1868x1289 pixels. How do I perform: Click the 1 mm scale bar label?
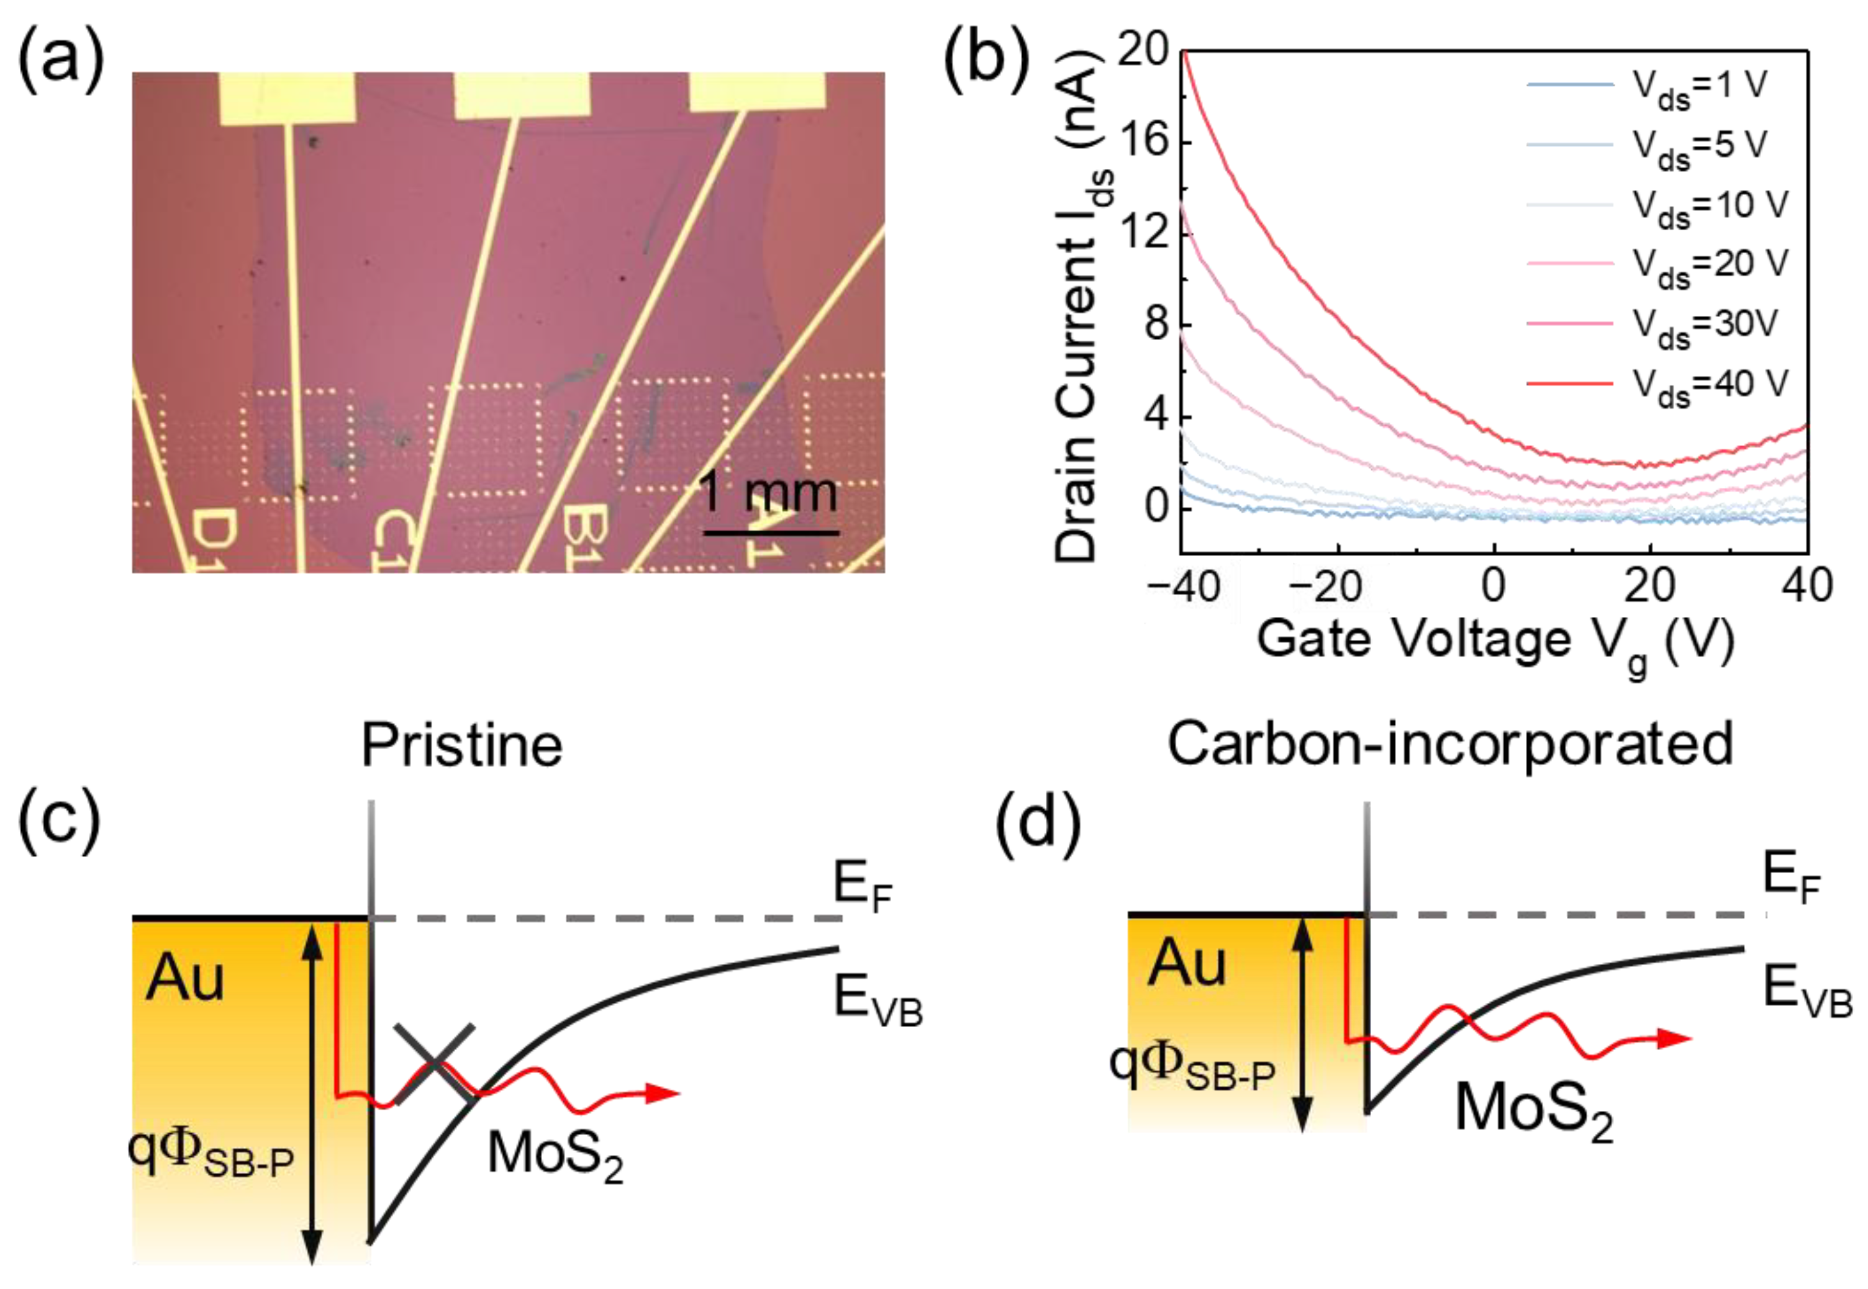[x=768, y=493]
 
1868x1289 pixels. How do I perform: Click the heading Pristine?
[x=461, y=745]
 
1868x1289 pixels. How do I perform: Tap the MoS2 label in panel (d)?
[x=1533, y=1110]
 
